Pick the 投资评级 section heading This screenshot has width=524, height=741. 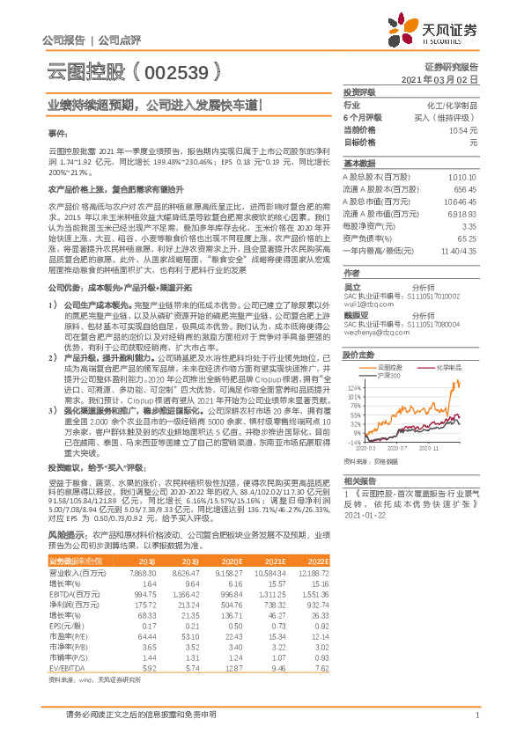tap(359, 92)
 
